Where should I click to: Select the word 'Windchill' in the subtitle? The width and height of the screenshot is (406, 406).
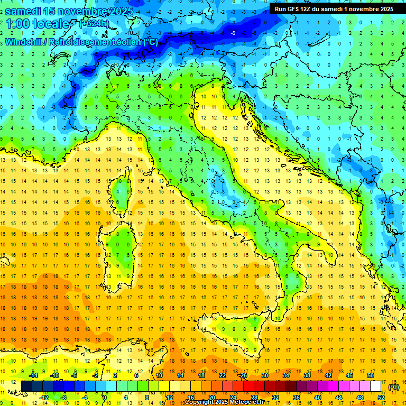coord(25,42)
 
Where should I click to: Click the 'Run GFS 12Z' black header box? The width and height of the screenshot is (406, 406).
coord(334,8)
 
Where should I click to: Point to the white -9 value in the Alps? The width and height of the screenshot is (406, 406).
coord(233,33)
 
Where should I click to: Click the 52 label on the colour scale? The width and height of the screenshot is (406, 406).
coord(381,397)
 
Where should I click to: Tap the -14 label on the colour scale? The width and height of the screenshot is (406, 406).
coord(33,375)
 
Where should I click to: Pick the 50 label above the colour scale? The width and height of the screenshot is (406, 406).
coord(371,375)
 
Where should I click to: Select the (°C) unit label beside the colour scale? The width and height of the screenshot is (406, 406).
coord(393,386)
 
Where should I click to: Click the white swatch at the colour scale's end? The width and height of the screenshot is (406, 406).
coord(376,386)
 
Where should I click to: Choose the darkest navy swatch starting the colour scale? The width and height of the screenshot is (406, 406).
coord(26,386)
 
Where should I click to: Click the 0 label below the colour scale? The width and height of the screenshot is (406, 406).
coord(105,397)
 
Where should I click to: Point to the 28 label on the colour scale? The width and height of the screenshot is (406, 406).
coord(254,397)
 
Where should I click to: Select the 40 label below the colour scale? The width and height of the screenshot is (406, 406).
coord(317,397)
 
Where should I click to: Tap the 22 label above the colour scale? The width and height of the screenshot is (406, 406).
coord(223,375)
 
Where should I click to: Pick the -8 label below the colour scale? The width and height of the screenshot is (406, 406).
coord(64,397)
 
